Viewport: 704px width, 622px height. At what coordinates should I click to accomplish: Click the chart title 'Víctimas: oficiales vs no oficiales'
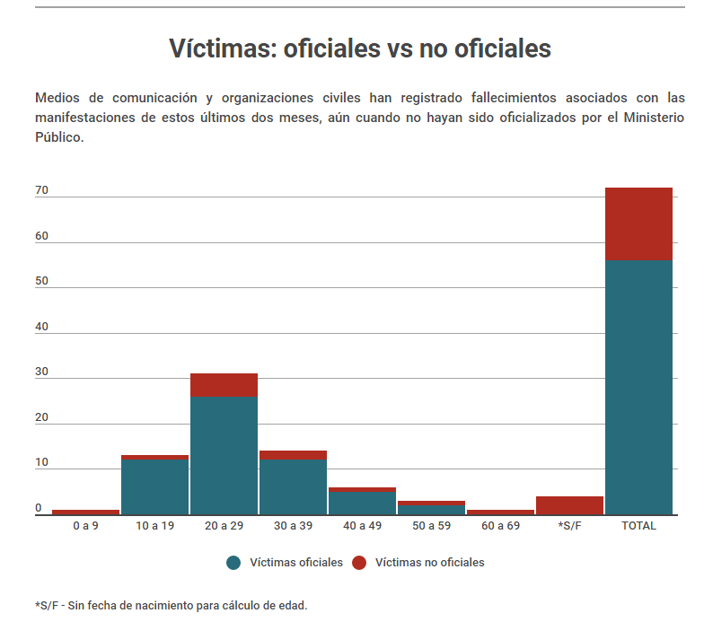(x=359, y=48)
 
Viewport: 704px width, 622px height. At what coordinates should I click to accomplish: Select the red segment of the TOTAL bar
(x=638, y=223)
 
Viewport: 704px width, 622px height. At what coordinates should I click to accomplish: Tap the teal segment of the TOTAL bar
(x=638, y=387)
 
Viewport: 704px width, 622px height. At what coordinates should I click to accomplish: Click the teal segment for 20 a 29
(x=224, y=455)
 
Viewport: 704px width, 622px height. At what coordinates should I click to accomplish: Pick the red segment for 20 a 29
(x=224, y=384)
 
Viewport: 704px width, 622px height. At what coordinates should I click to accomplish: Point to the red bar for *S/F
(x=569, y=505)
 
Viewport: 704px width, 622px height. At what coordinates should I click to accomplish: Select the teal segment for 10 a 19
(x=154, y=486)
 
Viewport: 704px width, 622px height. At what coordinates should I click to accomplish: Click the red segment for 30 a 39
(x=293, y=454)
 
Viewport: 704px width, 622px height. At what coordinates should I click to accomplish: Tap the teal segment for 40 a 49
(x=362, y=503)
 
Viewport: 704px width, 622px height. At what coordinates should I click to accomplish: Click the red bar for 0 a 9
(x=85, y=512)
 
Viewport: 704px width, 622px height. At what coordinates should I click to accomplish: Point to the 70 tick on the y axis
(x=41, y=191)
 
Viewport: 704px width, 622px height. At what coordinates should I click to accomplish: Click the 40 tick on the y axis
(x=41, y=327)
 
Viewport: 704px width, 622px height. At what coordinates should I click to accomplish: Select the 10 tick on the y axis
(x=41, y=462)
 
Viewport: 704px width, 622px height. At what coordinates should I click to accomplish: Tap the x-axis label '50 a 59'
(x=431, y=525)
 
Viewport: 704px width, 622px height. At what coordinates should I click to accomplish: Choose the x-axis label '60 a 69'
(x=500, y=525)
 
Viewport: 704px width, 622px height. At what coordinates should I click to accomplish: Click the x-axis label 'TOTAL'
(x=638, y=525)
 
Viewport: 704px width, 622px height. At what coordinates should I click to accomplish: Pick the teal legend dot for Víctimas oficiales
(x=234, y=563)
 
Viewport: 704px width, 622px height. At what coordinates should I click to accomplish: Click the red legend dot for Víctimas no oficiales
(x=359, y=563)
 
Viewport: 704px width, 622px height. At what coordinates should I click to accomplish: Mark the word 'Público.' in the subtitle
(x=59, y=138)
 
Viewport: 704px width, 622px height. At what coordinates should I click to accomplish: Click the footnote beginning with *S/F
(x=171, y=605)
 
